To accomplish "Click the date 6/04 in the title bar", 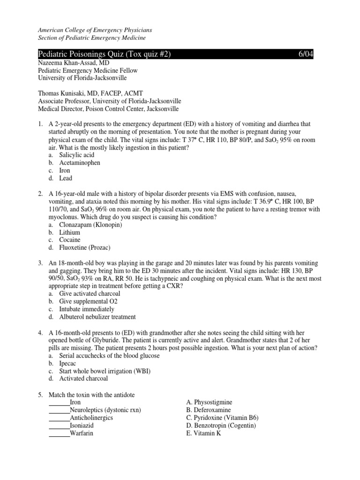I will coord(306,55).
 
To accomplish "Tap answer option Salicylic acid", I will coord(76,155).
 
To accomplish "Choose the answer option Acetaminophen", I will coord(79,163).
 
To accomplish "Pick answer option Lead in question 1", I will coord(66,178).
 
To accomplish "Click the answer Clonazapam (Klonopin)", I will coord(90,225).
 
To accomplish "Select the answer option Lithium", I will coord(69,232).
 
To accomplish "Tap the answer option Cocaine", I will coord(70,240).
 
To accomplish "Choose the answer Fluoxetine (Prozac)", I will coord(85,247).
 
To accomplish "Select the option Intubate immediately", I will coord(86,309).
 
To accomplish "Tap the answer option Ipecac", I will coord(68,363).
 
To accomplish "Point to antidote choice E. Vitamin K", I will coord(203,433).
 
